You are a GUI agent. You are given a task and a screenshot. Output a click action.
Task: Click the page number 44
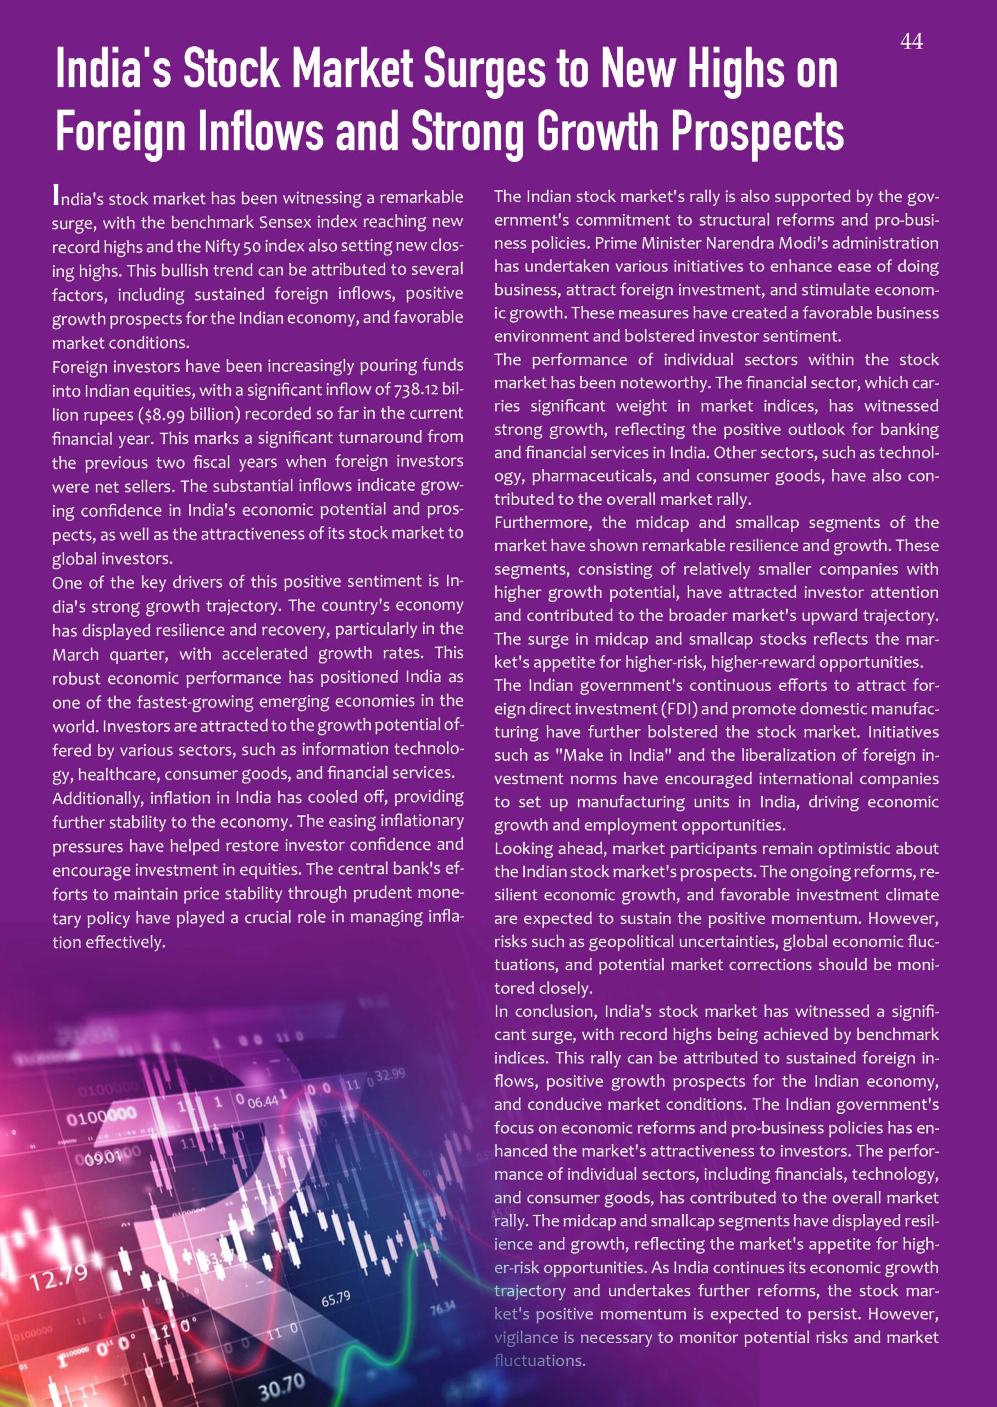coord(911,42)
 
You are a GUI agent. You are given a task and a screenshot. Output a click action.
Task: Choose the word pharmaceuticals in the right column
coord(590,477)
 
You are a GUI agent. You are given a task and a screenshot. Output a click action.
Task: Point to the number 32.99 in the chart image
coord(390,1075)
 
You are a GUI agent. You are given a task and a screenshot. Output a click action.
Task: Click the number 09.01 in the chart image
coord(103,1158)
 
